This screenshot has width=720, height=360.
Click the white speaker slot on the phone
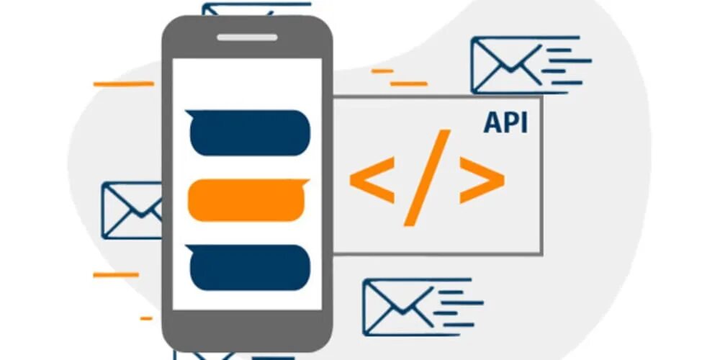247,37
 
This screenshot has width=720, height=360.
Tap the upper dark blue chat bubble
249,132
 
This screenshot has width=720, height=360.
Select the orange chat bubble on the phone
248,199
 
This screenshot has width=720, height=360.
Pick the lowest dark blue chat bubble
249,267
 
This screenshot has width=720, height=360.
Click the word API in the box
505,122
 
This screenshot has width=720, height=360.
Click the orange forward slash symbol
428,177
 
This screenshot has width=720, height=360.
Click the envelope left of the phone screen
132,210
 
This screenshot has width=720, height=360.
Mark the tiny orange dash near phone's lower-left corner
146,318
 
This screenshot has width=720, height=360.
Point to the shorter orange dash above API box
382,71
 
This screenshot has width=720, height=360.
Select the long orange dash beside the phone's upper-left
124,84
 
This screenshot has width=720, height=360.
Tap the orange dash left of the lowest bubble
115,274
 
